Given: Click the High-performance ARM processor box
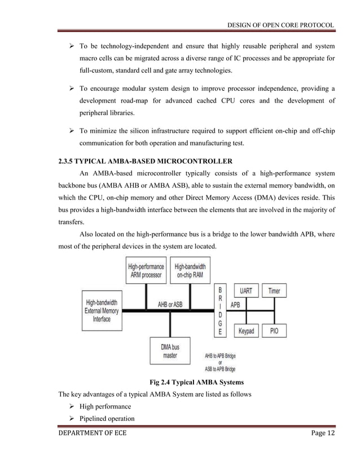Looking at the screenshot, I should [x=146, y=270].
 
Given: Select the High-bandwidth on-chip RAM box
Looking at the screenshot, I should [x=190, y=270].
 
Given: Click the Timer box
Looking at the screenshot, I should [x=274, y=291].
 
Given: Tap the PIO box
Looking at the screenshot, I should [x=274, y=331].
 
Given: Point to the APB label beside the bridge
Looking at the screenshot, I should [x=235, y=304].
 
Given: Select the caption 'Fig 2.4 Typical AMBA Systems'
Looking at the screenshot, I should [x=197, y=383].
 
